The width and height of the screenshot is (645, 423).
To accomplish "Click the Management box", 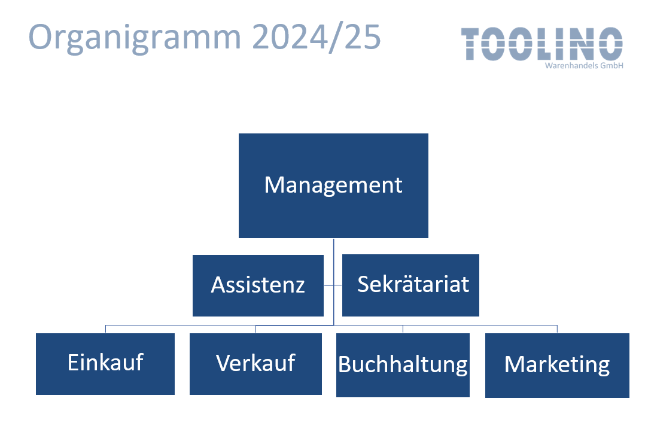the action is [333, 185].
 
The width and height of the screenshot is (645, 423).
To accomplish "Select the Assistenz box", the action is [258, 285].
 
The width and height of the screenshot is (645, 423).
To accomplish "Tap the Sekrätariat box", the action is [410, 285].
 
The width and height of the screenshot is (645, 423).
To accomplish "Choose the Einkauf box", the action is [105, 364].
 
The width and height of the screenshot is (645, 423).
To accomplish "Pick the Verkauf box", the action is [255, 364].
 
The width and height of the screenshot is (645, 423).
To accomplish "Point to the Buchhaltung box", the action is [403, 365].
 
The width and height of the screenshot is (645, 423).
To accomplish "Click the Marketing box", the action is [557, 366].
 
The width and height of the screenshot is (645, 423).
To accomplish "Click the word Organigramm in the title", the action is [135, 38].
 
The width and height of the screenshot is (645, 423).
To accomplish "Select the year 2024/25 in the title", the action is [317, 37].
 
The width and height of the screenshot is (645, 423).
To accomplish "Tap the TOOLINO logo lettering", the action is [541, 44].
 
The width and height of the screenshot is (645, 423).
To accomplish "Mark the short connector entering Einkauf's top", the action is [106, 329].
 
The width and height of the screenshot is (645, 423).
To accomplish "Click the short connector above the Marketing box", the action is [557, 329].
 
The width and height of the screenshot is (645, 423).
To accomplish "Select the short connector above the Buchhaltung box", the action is [403, 329].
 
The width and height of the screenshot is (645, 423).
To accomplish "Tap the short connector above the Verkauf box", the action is [256, 329].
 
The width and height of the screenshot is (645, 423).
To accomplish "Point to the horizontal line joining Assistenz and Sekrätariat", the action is [333, 285].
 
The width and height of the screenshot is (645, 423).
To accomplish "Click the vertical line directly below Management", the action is [334, 281].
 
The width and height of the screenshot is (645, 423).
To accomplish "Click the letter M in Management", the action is [274, 185].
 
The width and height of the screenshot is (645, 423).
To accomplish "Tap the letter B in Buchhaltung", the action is [344, 364].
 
